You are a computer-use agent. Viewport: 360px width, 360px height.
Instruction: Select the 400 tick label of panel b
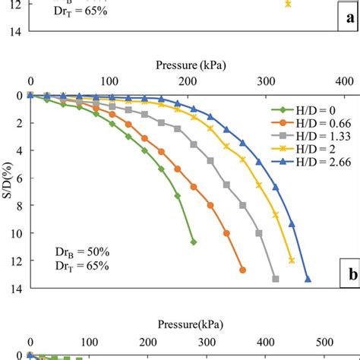point(343,82)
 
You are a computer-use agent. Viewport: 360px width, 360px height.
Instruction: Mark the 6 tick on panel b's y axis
point(18,178)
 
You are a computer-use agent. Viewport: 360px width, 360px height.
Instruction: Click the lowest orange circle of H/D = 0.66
point(242,270)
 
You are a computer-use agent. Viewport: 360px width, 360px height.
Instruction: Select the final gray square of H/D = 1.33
point(275,279)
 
